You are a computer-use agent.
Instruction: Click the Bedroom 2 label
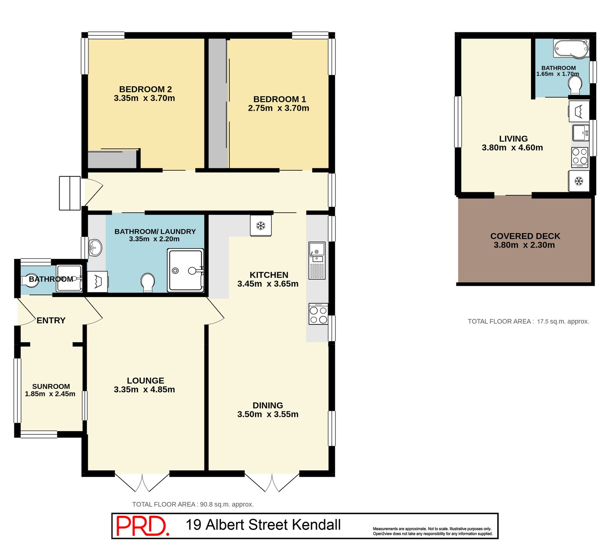[145, 89]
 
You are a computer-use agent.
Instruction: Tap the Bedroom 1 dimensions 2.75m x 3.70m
[278, 108]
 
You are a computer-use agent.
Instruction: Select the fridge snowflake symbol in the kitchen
[261, 225]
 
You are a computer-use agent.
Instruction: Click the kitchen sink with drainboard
[317, 260]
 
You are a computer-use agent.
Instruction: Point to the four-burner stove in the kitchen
[318, 314]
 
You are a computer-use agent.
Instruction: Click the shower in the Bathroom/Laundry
[185, 270]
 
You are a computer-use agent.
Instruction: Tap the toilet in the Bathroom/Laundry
[147, 282]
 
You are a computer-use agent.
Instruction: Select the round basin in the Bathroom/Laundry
[95, 247]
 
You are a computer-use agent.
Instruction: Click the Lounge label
[145, 380]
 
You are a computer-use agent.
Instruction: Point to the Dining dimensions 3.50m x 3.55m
[268, 415]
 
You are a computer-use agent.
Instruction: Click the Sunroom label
[51, 386]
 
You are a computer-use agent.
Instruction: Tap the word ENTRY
[51, 320]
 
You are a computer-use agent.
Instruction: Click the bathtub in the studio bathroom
[571, 49]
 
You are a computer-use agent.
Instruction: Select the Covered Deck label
[525, 236]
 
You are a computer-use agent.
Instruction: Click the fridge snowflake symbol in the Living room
[579, 181]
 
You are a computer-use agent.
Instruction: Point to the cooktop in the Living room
[579, 157]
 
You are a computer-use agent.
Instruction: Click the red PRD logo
[142, 526]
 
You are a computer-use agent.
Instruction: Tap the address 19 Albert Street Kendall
[263, 525]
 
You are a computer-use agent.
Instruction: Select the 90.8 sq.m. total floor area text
[192, 504]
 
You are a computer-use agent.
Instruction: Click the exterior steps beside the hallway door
[70, 193]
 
